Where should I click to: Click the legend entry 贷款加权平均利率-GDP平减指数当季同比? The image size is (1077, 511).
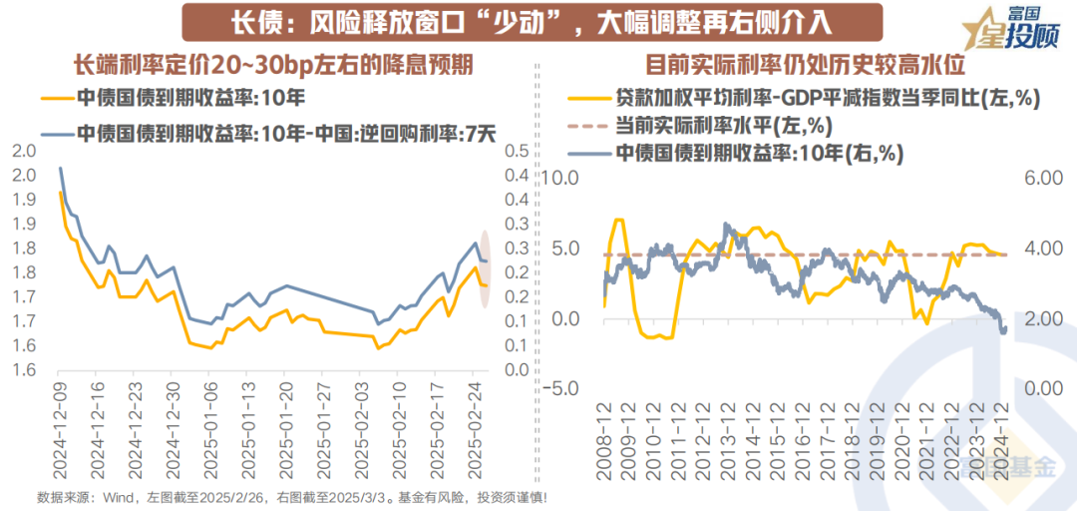798,100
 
